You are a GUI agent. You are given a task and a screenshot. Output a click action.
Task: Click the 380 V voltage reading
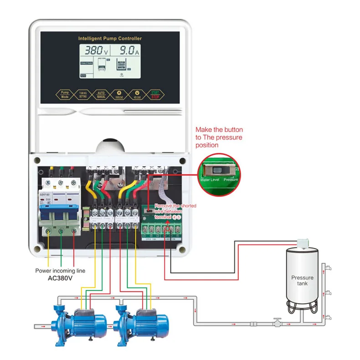pos(95,51)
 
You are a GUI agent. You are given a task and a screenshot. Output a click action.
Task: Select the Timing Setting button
pos(82,94)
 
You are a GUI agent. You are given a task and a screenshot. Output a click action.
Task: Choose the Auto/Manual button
pos(101,94)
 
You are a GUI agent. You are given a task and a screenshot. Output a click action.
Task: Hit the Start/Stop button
pos(155,94)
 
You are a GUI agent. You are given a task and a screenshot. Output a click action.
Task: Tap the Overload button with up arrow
pos(119,94)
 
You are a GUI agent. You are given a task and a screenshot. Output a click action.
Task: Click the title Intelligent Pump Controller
pos(110,38)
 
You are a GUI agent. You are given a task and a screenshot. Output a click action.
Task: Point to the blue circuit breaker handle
pos(61,213)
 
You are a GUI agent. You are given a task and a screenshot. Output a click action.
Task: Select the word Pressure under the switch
pos(231,180)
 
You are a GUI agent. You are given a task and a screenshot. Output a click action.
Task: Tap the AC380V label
pos(60,278)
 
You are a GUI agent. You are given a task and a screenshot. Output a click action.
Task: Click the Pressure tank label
pos(303,280)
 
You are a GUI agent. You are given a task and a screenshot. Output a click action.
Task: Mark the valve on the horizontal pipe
pos(275,322)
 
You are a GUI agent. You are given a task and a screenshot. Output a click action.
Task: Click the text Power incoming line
pos(60,271)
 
